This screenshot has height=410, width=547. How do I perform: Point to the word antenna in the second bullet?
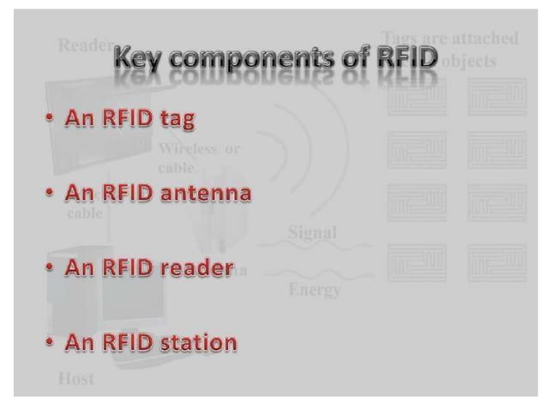(x=207, y=193)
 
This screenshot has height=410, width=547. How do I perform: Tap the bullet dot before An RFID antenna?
(x=52, y=194)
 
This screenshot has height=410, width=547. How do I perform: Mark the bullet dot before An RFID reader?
(x=52, y=269)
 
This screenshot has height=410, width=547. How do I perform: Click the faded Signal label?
(x=312, y=232)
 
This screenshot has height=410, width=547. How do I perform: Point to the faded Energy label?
(x=315, y=290)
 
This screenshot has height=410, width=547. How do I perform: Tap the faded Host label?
(x=75, y=377)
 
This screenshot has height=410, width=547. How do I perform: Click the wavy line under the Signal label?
(x=316, y=247)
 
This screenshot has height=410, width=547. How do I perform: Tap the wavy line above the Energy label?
(x=316, y=273)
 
